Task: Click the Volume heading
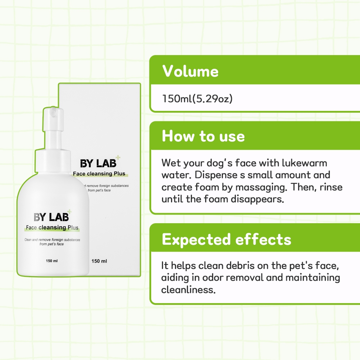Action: (x=190, y=71)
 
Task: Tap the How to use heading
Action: (x=203, y=136)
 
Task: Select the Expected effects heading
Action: (x=226, y=239)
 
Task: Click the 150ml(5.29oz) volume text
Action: (x=197, y=99)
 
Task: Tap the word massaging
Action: (x=261, y=188)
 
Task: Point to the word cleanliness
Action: (x=188, y=290)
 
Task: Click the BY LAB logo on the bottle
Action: (x=51, y=217)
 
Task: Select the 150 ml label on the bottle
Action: (x=51, y=261)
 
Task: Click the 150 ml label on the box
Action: (x=99, y=261)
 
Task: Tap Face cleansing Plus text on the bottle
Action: (x=52, y=228)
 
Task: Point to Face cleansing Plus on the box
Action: (x=99, y=174)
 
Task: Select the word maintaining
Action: (x=313, y=278)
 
